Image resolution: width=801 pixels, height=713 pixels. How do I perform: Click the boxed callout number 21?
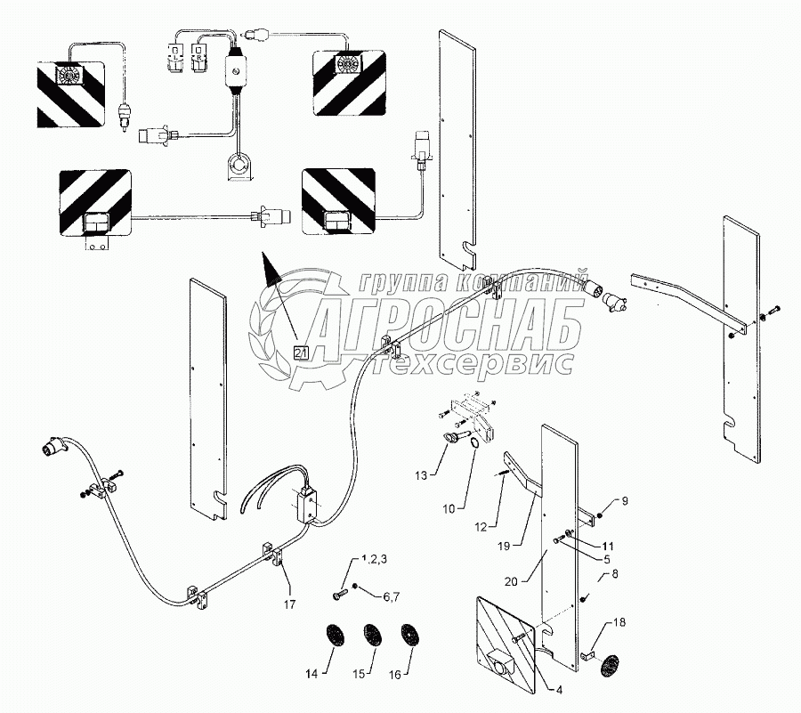(x=301, y=352)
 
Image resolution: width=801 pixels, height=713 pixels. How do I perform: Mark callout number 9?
(x=624, y=502)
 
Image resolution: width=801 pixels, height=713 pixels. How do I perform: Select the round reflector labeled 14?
(x=334, y=636)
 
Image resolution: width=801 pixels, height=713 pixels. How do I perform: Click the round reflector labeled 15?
(x=371, y=636)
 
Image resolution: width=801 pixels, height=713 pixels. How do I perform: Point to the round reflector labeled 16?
(x=409, y=636)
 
